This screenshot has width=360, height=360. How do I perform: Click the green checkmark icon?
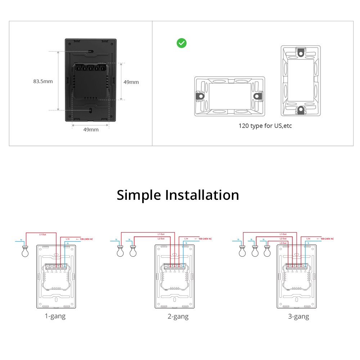pos(181,43)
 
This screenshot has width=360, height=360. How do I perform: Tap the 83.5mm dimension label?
pos(43,81)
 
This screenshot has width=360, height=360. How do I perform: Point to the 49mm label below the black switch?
pos(90,130)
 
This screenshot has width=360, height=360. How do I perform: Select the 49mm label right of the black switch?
pos(131,82)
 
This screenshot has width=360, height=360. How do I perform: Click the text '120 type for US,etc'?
pos(265,126)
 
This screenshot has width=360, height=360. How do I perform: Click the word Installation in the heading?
pos(202,195)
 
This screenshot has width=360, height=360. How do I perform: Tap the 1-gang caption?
pos(55,316)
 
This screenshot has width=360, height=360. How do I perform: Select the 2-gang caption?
pos(178,316)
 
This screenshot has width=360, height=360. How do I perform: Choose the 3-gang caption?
pos(298,316)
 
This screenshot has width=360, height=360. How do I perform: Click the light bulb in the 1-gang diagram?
pos(25,252)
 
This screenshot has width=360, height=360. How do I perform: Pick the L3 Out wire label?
pos(283,243)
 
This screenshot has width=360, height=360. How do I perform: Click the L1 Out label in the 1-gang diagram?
pos(43,234)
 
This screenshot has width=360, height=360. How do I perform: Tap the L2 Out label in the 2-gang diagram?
pos(161,239)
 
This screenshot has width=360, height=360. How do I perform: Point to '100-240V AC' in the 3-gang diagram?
pos(327,239)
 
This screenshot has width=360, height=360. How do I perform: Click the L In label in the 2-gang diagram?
pos(186,239)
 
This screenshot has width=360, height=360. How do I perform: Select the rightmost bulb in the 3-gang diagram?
pos(267,252)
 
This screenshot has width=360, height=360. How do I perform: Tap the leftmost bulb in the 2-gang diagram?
pos(120,252)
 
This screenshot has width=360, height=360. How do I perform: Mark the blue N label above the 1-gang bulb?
pos(21,240)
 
